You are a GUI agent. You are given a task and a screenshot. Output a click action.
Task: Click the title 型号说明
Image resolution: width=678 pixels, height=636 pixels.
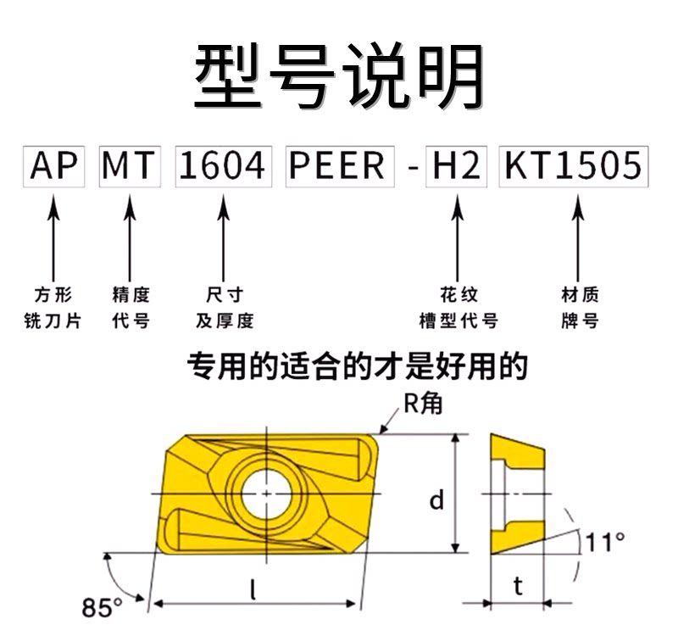click(339, 76)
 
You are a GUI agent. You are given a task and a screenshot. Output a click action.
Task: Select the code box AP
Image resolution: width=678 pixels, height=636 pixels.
click(53, 166)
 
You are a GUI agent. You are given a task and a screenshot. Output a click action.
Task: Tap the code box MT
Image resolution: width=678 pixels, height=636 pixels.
click(130, 166)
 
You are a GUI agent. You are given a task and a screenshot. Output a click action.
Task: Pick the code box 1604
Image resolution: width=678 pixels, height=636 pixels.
click(224, 166)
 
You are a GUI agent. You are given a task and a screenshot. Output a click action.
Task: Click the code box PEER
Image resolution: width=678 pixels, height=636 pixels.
click(340, 166)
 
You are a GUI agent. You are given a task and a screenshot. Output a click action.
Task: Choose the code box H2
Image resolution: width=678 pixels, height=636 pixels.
click(456, 166)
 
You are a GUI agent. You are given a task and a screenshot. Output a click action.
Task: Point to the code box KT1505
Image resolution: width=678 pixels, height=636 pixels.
click(574, 166)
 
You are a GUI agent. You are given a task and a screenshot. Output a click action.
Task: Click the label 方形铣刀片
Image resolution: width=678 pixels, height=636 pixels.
click(53, 308)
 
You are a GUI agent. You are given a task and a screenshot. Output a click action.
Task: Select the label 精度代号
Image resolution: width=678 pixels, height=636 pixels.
click(131, 308)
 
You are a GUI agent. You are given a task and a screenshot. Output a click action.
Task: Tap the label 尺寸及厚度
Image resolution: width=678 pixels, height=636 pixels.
click(225, 308)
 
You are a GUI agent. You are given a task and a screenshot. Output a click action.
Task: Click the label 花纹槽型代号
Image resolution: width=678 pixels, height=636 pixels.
click(458, 308)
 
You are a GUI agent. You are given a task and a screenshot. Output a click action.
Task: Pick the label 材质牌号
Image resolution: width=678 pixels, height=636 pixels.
click(580, 308)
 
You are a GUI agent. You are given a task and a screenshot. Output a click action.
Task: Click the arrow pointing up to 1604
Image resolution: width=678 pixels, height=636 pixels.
click(224, 238)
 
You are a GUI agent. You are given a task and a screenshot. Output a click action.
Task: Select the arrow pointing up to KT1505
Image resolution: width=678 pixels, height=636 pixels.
click(579, 238)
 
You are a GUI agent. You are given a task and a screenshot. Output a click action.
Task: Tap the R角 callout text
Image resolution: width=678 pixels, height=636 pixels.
click(422, 404)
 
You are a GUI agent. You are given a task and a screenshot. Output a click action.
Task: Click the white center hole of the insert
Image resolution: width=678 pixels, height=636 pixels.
click(266, 494)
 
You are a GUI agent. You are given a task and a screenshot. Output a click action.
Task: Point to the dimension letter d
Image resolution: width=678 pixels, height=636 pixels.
click(436, 499)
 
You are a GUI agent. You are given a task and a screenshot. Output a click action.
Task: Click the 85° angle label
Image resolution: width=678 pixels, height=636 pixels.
click(102, 607)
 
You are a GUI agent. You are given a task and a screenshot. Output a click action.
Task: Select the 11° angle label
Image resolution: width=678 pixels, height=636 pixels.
click(605, 542)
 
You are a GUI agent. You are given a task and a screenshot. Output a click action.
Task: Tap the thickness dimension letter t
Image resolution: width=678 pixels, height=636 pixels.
click(518, 586)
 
